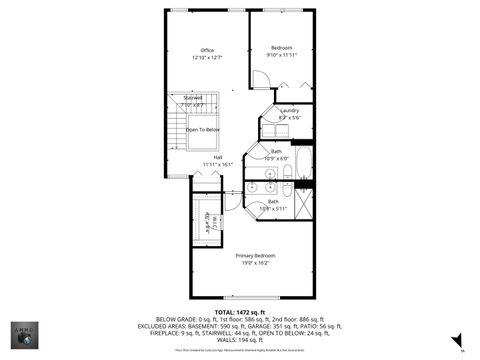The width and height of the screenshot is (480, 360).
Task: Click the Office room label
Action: (207, 50)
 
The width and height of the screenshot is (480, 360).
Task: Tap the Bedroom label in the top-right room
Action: (282, 48)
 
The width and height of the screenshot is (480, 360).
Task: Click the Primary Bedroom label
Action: (256, 255)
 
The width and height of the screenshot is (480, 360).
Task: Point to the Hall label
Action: (217, 157)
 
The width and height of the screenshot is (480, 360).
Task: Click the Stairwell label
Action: (193, 97)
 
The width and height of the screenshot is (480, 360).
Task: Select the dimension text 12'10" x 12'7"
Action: (207, 58)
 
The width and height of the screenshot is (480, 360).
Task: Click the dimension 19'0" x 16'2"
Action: (256, 263)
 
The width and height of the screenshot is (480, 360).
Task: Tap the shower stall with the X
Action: (303, 203)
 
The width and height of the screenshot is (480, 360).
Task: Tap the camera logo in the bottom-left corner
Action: (21, 333)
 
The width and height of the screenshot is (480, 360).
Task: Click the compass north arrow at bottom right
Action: (462, 349)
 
